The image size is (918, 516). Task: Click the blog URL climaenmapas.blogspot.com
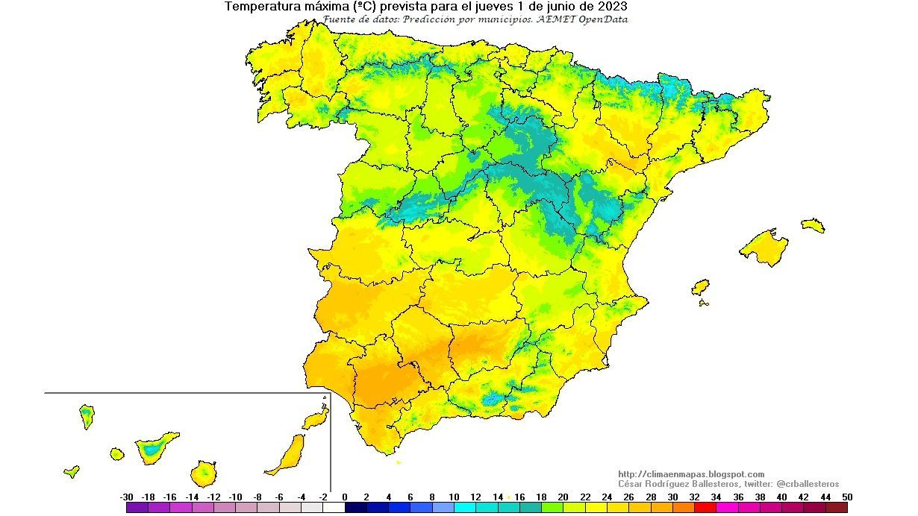691,474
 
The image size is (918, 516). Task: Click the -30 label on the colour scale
126,497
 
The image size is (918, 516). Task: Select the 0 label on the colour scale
345,497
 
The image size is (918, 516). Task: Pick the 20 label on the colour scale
563,497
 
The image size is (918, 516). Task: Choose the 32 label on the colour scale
694,497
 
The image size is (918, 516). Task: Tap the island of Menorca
813,224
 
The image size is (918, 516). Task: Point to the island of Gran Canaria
203,472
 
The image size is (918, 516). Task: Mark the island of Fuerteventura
288,455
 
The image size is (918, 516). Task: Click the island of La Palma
87,415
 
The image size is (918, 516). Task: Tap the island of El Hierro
72,471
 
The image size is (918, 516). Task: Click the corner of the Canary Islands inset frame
330,393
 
